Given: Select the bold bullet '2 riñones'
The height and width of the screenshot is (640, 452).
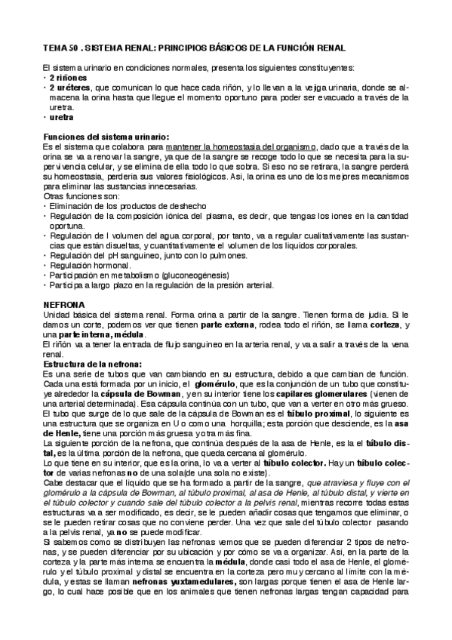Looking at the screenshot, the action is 68,78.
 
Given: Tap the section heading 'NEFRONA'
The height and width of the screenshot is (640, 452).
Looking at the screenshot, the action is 63,303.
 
